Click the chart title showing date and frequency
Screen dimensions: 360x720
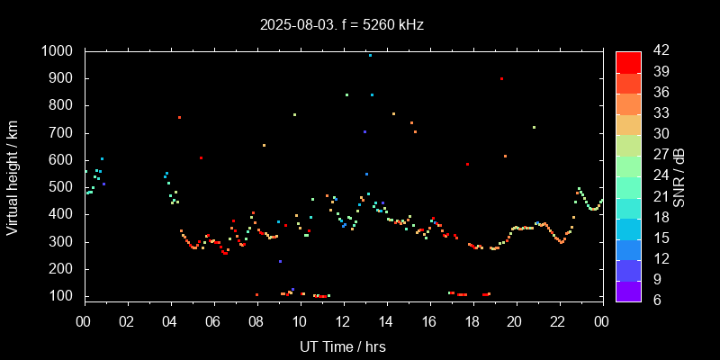coord(342,24)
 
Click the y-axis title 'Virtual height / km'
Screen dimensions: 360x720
coord(13,173)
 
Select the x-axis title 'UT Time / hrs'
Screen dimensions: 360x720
coord(342,346)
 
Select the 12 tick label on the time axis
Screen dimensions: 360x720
coord(343,321)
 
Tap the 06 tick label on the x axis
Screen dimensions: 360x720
coord(213,321)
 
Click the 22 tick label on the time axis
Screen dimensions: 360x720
coord(559,321)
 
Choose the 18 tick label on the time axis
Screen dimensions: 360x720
coord(472,321)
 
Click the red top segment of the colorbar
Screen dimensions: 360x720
coord(628,61)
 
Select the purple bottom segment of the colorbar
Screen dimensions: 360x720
coord(628,291)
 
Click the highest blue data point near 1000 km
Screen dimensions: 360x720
coord(370,55)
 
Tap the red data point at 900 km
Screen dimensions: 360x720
coord(501,79)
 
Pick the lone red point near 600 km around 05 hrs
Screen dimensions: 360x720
coord(201,157)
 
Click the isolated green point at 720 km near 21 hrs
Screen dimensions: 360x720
coord(534,127)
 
